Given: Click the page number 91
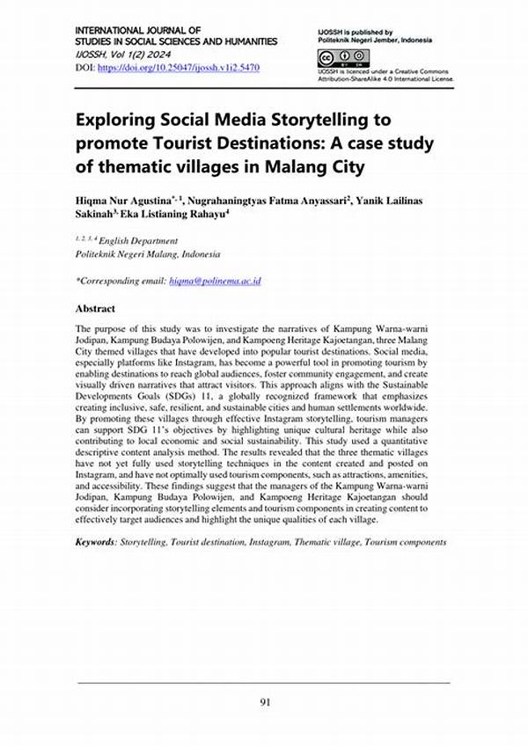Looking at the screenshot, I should point(263,701).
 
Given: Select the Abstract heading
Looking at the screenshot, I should point(95,310).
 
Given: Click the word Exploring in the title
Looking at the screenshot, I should point(116,119).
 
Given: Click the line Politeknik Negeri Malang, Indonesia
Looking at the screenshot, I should point(148,253).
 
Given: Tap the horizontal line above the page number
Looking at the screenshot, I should point(263,683).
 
